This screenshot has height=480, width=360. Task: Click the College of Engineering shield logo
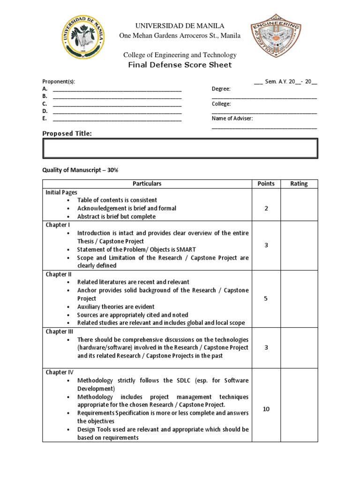point(275,40)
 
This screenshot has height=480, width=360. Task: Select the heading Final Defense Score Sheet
point(180,65)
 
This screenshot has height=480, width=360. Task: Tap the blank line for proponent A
point(117,89)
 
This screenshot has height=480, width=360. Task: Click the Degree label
point(221,89)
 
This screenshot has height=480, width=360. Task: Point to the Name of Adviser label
point(232,119)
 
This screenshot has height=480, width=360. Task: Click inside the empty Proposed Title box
point(180,149)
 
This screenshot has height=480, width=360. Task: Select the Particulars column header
point(147,184)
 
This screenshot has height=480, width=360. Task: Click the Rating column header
point(299,184)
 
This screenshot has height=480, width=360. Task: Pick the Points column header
point(266,184)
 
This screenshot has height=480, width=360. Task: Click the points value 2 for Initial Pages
point(266,208)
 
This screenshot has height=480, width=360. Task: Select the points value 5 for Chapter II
point(266,298)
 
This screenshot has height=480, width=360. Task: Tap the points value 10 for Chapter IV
point(266,409)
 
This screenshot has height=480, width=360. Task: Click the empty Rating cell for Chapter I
point(299,245)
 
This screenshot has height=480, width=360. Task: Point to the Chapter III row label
point(57,331)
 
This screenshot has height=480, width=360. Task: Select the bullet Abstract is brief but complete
point(116,217)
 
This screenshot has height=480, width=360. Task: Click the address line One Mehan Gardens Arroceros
point(180,36)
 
